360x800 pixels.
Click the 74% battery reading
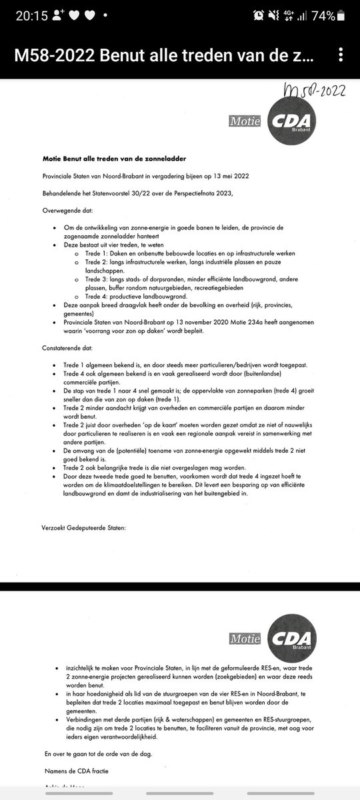[x=336, y=17]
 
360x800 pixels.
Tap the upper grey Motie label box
[x=245, y=123]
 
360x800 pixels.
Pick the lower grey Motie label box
[x=245, y=639]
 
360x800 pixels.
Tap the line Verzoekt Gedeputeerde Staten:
[x=83, y=528]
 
